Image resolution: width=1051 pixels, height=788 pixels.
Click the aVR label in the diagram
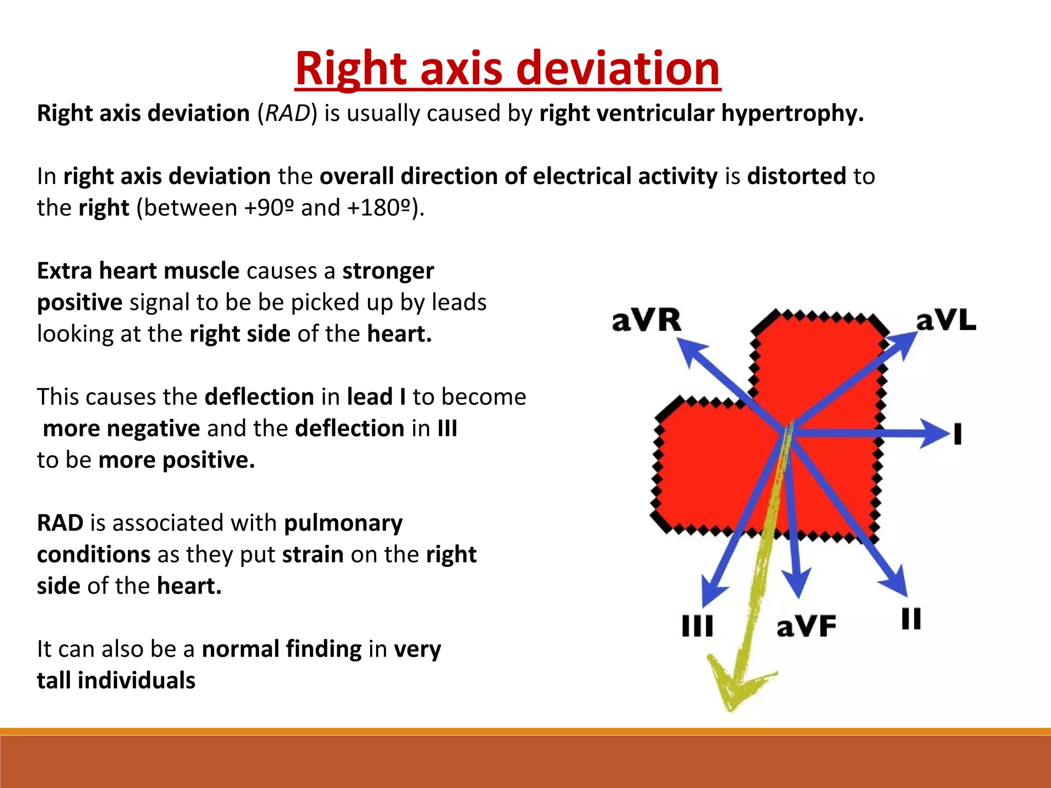(647, 321)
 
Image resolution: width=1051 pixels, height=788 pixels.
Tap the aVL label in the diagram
(946, 321)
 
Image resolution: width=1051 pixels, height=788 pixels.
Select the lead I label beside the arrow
(958, 434)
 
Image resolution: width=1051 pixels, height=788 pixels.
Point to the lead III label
(697, 626)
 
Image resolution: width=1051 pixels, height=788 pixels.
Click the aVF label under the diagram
(806, 626)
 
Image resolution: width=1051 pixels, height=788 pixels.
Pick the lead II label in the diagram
(911, 619)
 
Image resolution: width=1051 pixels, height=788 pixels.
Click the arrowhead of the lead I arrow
(937, 434)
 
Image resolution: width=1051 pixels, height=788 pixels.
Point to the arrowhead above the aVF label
(797, 585)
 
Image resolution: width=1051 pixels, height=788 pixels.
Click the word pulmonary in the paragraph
(343, 523)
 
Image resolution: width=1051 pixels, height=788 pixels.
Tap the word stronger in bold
(388, 271)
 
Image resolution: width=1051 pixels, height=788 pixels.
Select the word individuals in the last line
(137, 681)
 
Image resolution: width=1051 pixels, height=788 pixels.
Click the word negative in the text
(153, 428)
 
